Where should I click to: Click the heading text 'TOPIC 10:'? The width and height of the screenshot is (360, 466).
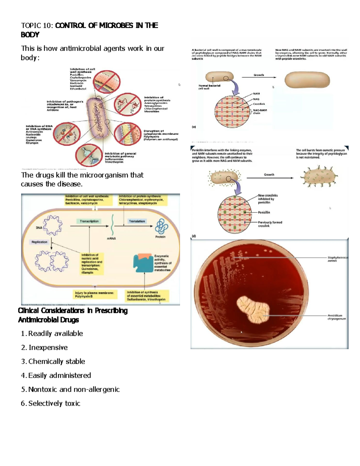tap(37, 26)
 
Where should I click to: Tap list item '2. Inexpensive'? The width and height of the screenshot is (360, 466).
tap(44, 347)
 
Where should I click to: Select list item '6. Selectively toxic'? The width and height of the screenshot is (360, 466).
tap(50, 403)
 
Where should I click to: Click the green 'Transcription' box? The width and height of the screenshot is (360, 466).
tap(89, 221)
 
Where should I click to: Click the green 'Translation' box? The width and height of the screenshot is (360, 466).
tap(137, 221)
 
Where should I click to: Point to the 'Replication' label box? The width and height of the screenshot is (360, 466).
tap(39, 242)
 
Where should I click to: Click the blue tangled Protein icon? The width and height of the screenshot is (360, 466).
tap(161, 226)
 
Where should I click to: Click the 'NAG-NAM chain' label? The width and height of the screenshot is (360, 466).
tap(259, 112)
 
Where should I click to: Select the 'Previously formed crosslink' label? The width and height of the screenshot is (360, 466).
tap(270, 224)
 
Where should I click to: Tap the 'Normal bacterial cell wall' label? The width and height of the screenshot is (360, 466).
tap(209, 87)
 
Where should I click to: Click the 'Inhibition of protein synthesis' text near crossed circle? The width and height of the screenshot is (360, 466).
tap(157, 99)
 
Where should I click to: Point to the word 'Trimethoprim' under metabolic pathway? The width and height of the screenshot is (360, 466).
tap(114, 162)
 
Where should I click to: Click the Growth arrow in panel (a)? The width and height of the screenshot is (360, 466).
tap(259, 77)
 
